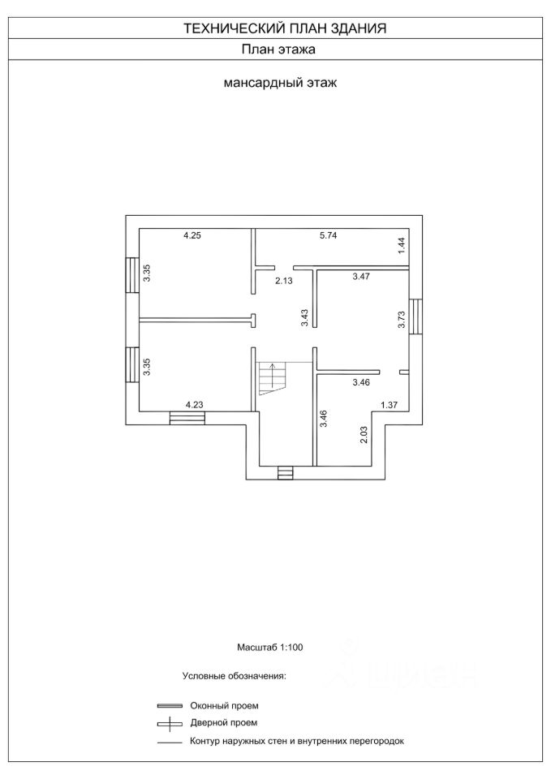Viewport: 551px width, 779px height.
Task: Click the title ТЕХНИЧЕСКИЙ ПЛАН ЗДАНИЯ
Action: click(284, 28)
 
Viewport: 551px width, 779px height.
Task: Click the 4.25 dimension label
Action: click(192, 235)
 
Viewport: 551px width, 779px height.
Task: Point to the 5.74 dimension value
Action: click(328, 235)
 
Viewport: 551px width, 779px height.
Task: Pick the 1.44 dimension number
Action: click(401, 246)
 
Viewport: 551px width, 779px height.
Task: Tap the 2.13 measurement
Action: click(283, 281)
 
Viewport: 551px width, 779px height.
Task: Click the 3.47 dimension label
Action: click(361, 278)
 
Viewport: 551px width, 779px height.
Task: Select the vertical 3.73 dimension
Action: click(401, 320)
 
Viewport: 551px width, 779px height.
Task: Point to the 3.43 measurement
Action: click(304, 317)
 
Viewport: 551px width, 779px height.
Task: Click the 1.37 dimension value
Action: click(390, 404)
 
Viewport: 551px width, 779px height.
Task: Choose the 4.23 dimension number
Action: click(195, 404)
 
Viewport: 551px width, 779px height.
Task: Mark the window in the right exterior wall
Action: click(416, 316)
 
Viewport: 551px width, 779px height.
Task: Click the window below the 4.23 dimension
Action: click(187, 418)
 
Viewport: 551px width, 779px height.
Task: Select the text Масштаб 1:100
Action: click(269, 648)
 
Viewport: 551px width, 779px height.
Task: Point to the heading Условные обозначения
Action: click(235, 675)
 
